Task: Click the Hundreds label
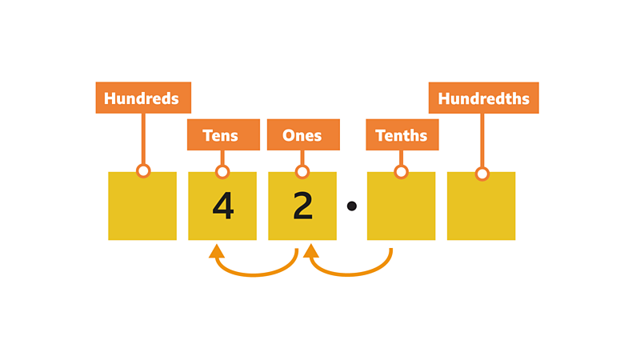(143, 98)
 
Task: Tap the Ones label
(302, 134)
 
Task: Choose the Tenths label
(402, 134)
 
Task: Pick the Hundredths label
(483, 98)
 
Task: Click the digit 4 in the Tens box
(223, 206)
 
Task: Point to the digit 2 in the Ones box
(302, 206)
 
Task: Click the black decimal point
(351, 206)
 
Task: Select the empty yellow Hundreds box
(142, 210)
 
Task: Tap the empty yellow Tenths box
(402, 210)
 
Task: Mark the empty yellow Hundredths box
(482, 210)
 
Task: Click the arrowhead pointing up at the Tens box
(216, 251)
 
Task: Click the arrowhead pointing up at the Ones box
(311, 251)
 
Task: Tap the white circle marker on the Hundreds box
(143, 171)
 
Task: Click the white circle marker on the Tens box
(222, 172)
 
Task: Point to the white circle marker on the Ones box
(302, 172)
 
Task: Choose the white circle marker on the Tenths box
(402, 172)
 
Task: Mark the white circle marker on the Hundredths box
(482, 173)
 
